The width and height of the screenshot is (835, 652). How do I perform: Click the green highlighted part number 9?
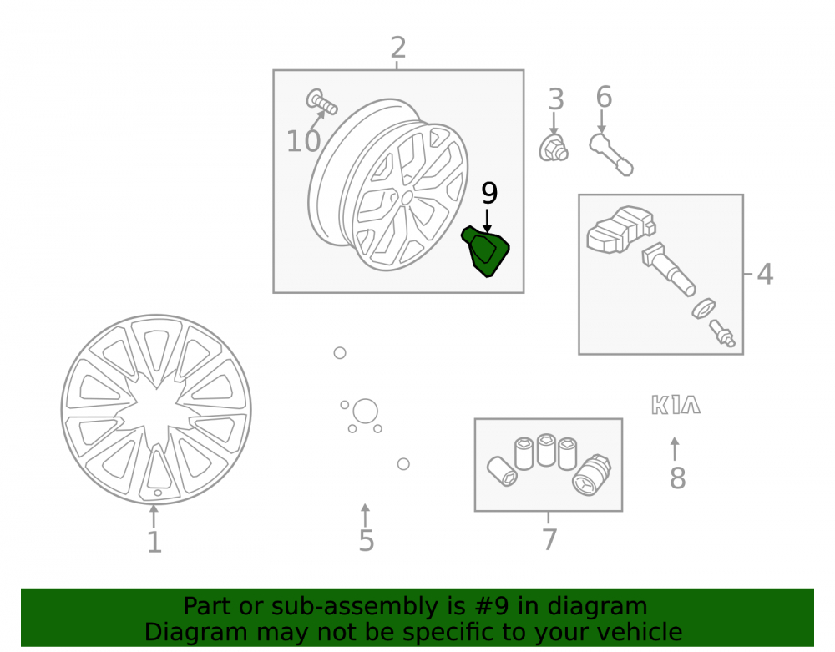coord(486,251)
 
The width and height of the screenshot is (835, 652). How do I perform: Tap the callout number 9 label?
coord(488,193)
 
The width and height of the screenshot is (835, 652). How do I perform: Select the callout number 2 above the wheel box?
coord(397,48)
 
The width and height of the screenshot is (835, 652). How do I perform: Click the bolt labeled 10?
coord(321,101)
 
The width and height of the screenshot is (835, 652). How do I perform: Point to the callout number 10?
coord(304,142)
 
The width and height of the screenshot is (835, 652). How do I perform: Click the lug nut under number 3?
coord(554,149)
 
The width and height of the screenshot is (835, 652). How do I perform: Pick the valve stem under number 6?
coord(611,154)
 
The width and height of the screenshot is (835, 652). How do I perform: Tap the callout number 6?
coord(604,97)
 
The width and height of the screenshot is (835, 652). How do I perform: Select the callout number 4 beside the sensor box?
coord(765,274)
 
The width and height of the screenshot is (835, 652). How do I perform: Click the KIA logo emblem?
coord(676,405)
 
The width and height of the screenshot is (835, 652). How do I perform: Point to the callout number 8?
coord(677,478)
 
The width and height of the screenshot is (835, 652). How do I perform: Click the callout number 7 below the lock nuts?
coord(549,539)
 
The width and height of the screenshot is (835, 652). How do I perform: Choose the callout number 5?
coord(367,541)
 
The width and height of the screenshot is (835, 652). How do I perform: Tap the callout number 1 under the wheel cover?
coord(154,543)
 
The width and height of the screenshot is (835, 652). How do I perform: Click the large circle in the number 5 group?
coord(366,411)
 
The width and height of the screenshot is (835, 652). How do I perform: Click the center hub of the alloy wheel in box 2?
coord(407,198)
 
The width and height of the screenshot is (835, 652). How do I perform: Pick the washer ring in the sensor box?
coord(703,309)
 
